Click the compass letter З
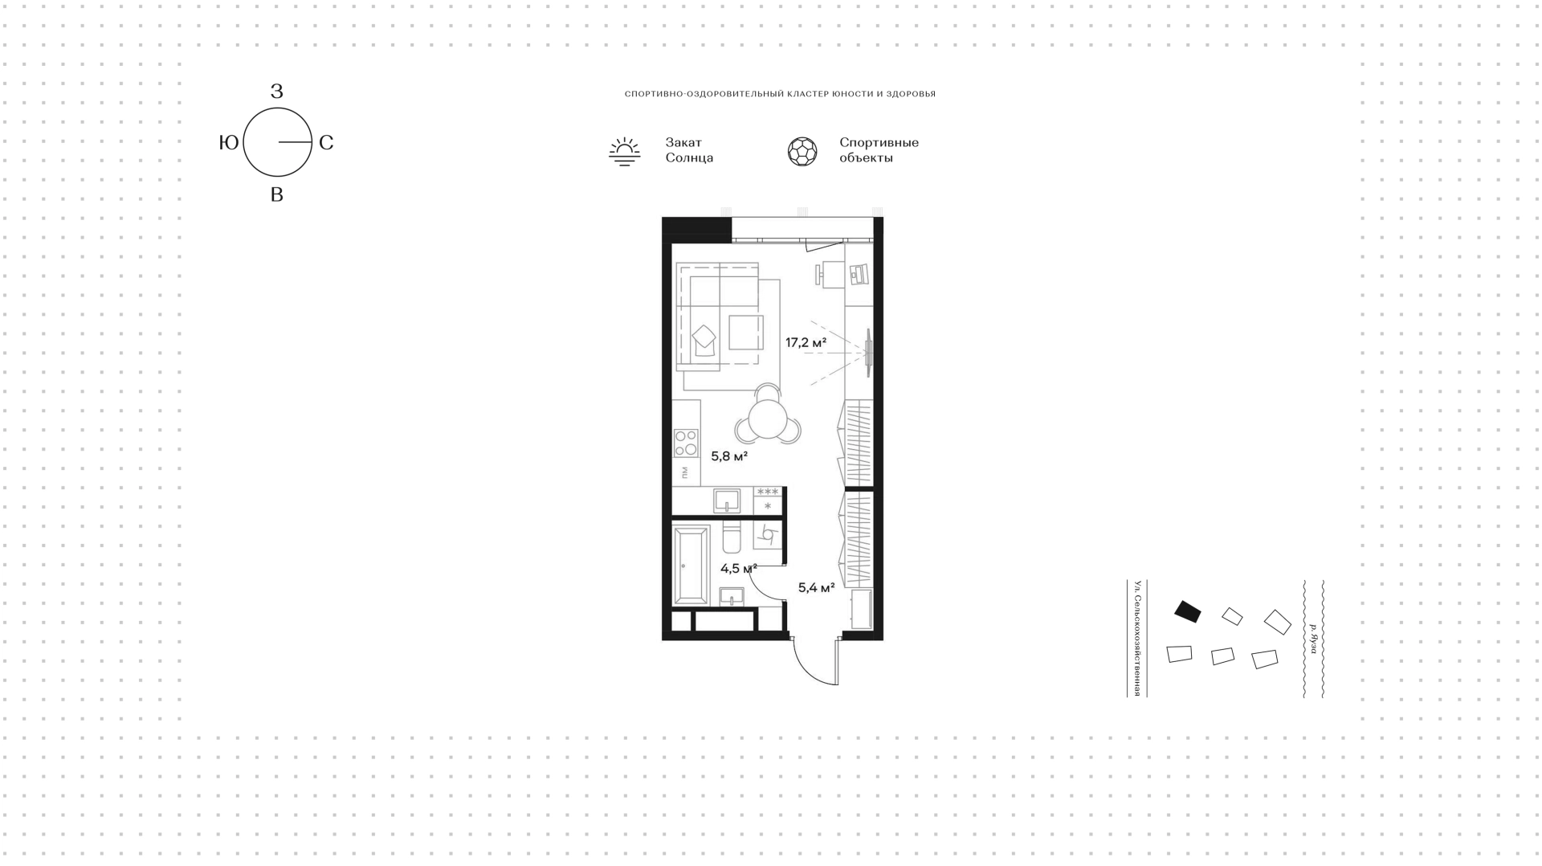tap(277, 92)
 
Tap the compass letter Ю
tap(229, 143)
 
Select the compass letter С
tap(326, 143)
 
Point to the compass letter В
tap(277, 194)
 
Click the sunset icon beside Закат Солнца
tap(624, 151)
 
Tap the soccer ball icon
tap(802, 151)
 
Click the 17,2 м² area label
tap(806, 343)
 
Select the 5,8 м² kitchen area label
tap(729, 456)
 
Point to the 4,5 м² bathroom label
tap(739, 569)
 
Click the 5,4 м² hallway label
tap(816, 587)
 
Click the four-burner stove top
tap(686, 443)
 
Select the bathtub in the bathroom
tap(691, 566)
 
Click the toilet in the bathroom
tap(732, 538)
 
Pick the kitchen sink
tap(727, 500)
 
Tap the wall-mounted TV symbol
tap(867, 352)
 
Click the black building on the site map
tap(1188, 611)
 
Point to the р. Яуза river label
tap(1313, 639)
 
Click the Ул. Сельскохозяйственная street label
tap(1137, 638)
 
